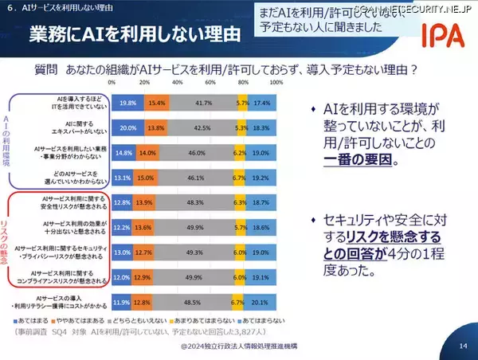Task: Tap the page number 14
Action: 463,346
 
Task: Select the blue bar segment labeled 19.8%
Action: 127,104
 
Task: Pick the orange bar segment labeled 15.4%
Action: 156,104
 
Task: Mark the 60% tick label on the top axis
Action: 210,82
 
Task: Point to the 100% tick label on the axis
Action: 276,82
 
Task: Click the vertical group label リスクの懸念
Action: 15,239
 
